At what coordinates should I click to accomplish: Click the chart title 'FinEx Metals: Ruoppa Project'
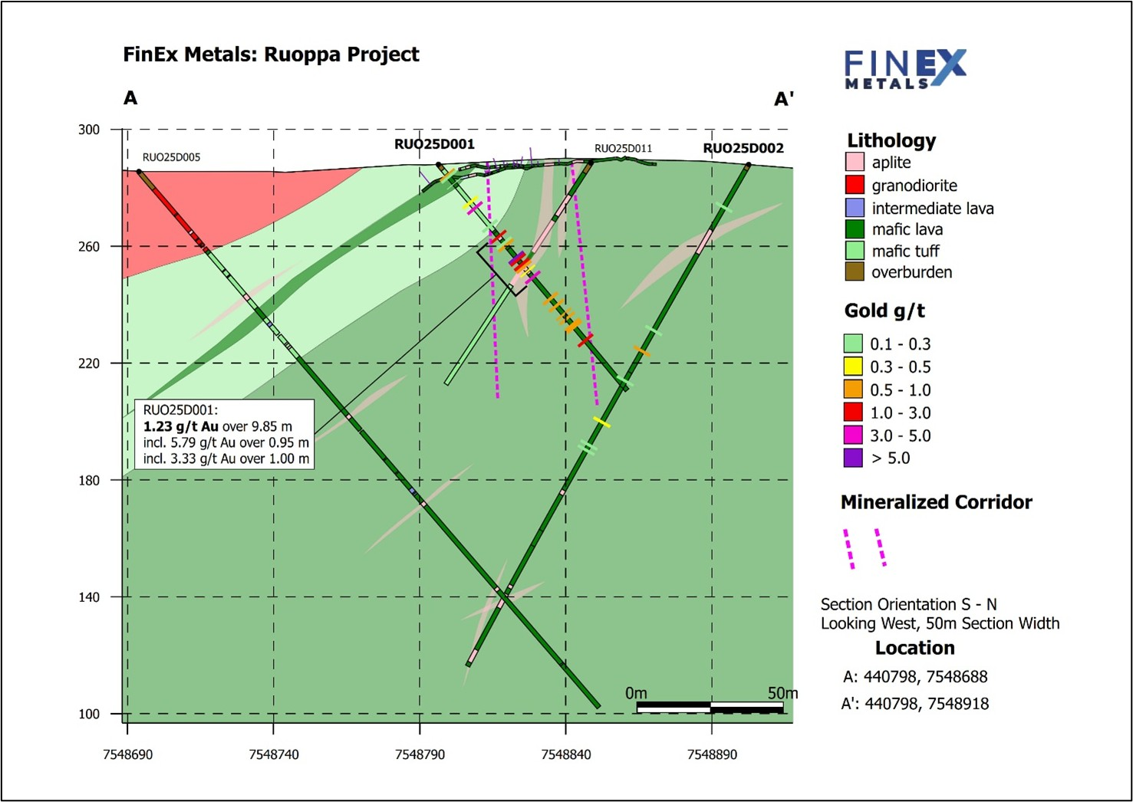[x=271, y=54]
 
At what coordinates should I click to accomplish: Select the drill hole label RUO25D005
[x=171, y=157]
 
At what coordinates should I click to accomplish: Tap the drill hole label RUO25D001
[x=434, y=144]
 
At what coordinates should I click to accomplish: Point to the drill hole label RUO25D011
[x=623, y=148]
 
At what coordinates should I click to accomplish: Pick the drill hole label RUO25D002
[x=743, y=148]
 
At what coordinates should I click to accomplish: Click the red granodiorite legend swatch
[x=855, y=185]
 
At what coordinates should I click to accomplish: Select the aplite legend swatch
[x=855, y=162]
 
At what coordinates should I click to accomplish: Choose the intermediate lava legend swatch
[x=855, y=208]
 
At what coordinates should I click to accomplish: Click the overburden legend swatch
[x=855, y=271]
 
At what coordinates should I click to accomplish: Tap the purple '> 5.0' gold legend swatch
[x=853, y=458]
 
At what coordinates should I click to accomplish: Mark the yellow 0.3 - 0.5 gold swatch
[x=853, y=366]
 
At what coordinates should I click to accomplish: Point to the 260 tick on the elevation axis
[x=89, y=246]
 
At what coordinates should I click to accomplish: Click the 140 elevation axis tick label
[x=89, y=597]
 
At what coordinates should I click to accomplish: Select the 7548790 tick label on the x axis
[x=420, y=754]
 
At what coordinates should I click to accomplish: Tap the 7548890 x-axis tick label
[x=712, y=754]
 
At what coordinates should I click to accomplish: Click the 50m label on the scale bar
[x=782, y=693]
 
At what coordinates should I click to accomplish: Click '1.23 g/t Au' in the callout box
[x=181, y=426]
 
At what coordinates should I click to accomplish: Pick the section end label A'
[x=783, y=99]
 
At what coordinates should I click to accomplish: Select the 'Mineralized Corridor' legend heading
[x=936, y=502]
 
